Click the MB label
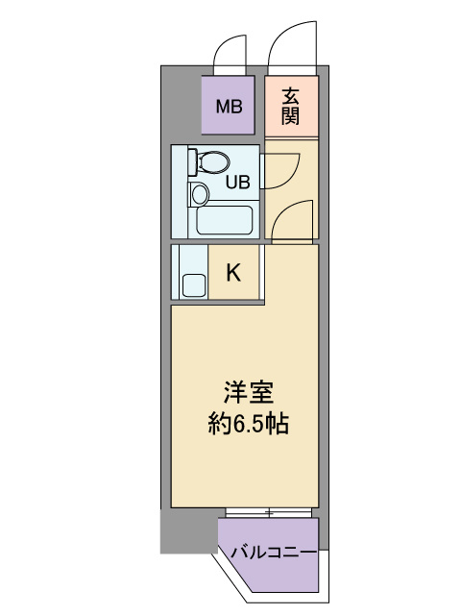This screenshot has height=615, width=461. (x=230, y=107)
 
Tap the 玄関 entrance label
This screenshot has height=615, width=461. (x=290, y=107)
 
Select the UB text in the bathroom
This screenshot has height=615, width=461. (x=237, y=182)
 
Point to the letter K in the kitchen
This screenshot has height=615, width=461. (x=233, y=272)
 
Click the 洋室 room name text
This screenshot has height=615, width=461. (x=248, y=392)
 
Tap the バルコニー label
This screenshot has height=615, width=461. (x=274, y=553)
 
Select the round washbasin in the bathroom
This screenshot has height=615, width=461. (x=200, y=194)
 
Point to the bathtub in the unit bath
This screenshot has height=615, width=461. (x=224, y=220)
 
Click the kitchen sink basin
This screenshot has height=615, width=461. (x=194, y=285)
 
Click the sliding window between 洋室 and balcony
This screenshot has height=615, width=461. (x=269, y=512)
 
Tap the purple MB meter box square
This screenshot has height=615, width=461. (x=229, y=105)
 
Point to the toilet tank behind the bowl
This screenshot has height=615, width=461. (x=192, y=161)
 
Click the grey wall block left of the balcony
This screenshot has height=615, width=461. (x=189, y=531)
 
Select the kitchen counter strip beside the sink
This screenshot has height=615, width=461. (x=175, y=272)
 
